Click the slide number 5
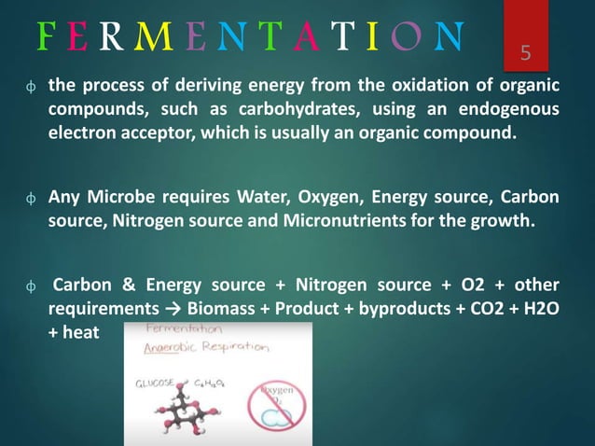[525, 54]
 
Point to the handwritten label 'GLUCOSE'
[153, 382]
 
